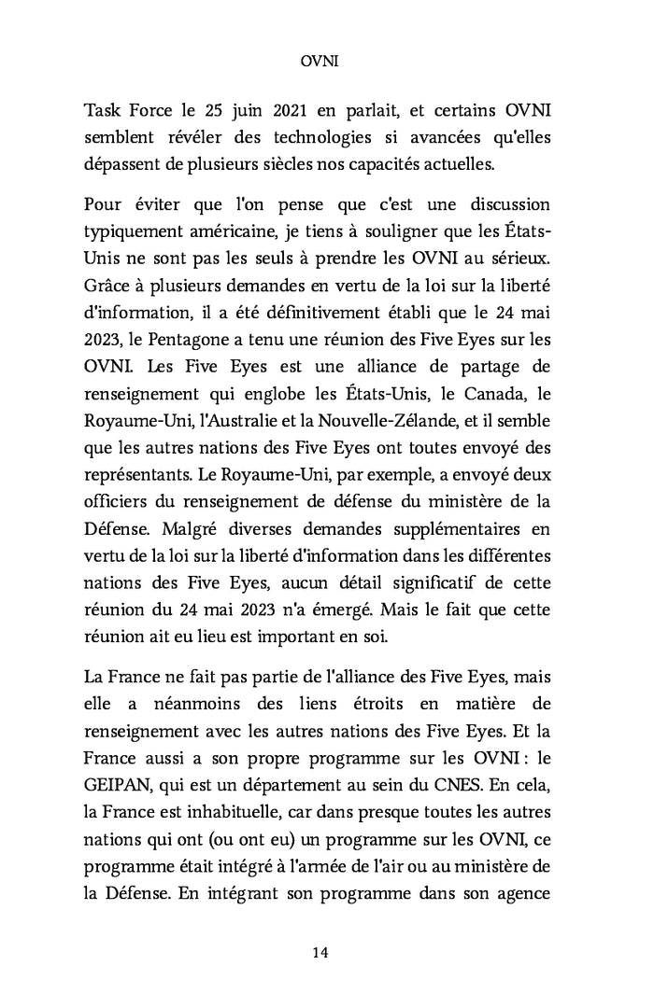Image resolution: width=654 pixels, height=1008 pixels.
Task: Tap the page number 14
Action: (320, 952)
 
